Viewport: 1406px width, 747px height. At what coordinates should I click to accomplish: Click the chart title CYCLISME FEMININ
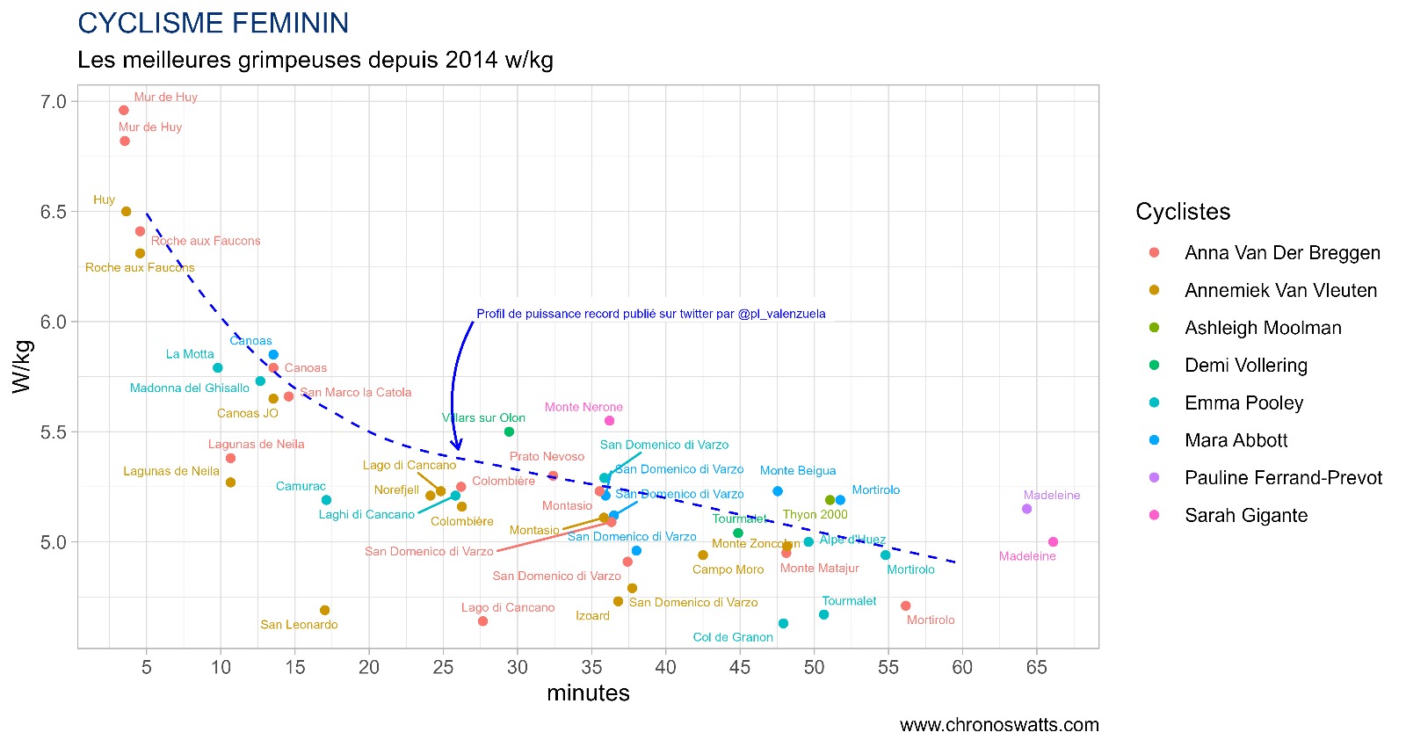tap(214, 23)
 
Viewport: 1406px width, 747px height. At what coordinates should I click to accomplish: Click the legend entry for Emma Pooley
tap(1243, 403)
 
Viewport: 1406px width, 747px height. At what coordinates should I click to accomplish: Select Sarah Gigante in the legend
tap(1245, 516)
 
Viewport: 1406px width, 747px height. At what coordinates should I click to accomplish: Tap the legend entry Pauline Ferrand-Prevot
tap(1282, 478)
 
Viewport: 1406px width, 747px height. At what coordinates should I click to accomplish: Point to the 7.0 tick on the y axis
tap(54, 102)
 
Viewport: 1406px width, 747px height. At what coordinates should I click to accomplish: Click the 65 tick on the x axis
tap(1036, 668)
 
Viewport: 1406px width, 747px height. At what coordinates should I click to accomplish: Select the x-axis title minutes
tap(588, 693)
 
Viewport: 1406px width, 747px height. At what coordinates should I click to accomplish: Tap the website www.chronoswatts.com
tap(999, 725)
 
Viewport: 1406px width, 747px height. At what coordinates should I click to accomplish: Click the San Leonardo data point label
tap(299, 625)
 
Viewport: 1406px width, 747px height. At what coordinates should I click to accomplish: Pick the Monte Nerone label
tap(583, 407)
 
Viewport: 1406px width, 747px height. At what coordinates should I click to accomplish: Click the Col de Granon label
tap(733, 637)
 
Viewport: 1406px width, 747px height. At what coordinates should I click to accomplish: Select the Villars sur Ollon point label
tap(483, 418)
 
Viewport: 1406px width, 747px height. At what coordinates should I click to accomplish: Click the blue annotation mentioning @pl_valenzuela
tap(650, 314)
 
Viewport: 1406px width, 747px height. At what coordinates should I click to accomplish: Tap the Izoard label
tap(592, 616)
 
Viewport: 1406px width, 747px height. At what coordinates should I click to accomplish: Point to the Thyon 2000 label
tap(815, 515)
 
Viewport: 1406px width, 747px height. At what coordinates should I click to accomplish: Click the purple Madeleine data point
tap(1026, 509)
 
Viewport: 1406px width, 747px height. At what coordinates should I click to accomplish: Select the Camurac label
tap(301, 486)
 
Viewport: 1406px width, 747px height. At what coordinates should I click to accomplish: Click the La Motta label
tap(190, 354)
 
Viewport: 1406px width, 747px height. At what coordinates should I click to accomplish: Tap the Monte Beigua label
tap(798, 471)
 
